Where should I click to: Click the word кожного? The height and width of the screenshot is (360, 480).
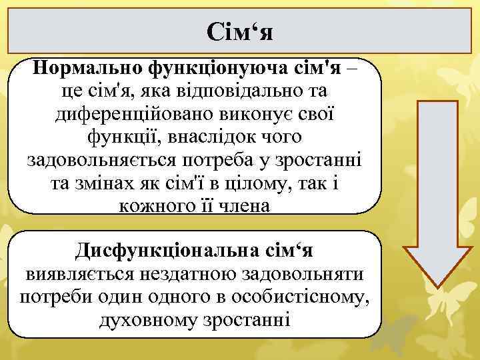(x=153, y=205)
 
